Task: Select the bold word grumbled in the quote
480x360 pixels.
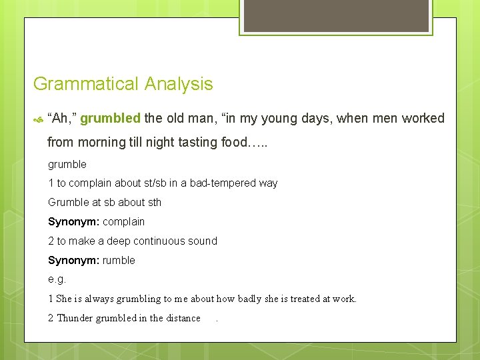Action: (x=110, y=119)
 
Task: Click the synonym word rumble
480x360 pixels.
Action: (x=119, y=260)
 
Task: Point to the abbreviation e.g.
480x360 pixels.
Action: (x=57, y=279)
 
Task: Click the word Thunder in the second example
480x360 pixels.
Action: (x=75, y=318)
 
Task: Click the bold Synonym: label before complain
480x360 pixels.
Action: (x=73, y=221)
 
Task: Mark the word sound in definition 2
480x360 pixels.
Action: (x=203, y=241)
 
